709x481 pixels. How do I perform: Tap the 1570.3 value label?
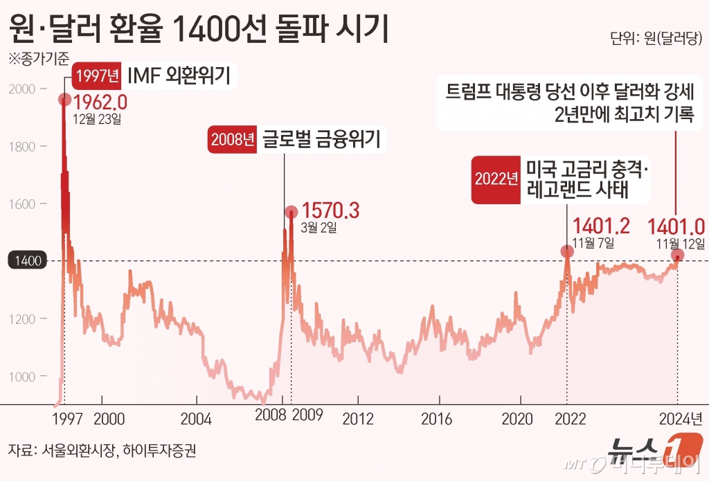(332, 211)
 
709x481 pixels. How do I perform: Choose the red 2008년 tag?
(231, 141)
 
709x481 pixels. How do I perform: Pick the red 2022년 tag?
(495, 178)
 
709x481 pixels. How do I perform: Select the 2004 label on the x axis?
(197, 419)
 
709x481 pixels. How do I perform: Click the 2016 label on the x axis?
(437, 419)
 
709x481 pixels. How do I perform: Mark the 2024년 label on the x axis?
(679, 419)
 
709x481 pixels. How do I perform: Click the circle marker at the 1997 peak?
(65, 100)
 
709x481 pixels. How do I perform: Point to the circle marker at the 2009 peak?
(292, 211)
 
